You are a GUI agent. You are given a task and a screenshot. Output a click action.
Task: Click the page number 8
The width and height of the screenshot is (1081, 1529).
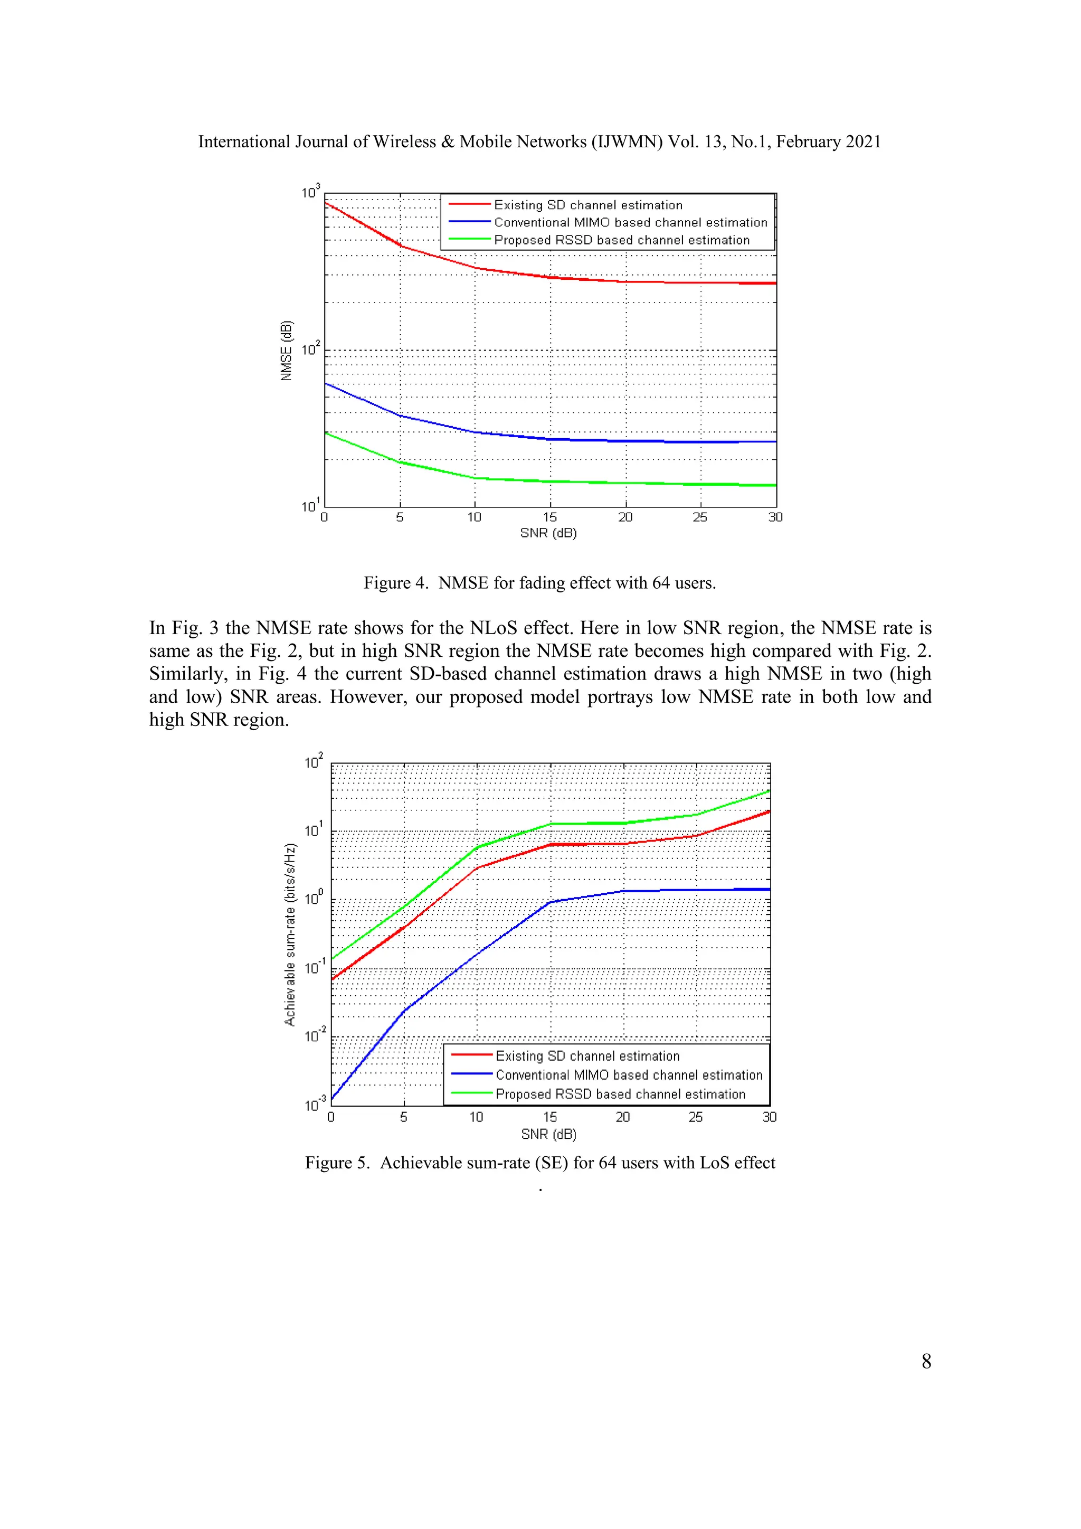[x=926, y=1361]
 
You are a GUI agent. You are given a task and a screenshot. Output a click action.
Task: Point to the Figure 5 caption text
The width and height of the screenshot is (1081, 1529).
[x=540, y=1162]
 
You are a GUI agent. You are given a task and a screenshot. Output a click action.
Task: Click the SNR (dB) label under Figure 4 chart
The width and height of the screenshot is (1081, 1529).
[x=548, y=533]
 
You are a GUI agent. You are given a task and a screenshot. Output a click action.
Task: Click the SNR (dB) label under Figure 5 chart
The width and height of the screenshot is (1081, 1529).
[x=548, y=1134]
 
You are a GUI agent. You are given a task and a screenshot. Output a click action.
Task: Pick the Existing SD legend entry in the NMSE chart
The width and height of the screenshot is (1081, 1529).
[x=588, y=205]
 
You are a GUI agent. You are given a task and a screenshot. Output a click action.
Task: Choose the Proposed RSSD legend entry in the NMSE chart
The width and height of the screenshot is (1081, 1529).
[x=621, y=240]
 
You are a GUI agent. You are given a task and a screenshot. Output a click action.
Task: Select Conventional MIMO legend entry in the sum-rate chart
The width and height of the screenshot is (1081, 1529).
[x=628, y=1075]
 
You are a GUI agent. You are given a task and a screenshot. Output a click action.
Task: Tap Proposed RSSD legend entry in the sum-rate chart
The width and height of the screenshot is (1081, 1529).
[x=620, y=1093]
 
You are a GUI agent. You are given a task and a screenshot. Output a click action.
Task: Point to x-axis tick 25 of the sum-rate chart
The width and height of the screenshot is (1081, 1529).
[x=696, y=1117]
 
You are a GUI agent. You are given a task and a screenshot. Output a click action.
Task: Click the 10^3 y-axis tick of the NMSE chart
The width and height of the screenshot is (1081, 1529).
[x=311, y=193]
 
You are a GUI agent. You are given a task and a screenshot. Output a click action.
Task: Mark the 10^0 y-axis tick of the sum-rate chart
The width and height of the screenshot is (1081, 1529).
[x=314, y=899]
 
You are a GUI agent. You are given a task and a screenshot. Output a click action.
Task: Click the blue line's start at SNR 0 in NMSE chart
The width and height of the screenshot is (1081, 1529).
[x=326, y=384]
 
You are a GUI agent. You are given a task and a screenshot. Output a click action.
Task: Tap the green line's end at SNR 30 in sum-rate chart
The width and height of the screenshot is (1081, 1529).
[x=770, y=791]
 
